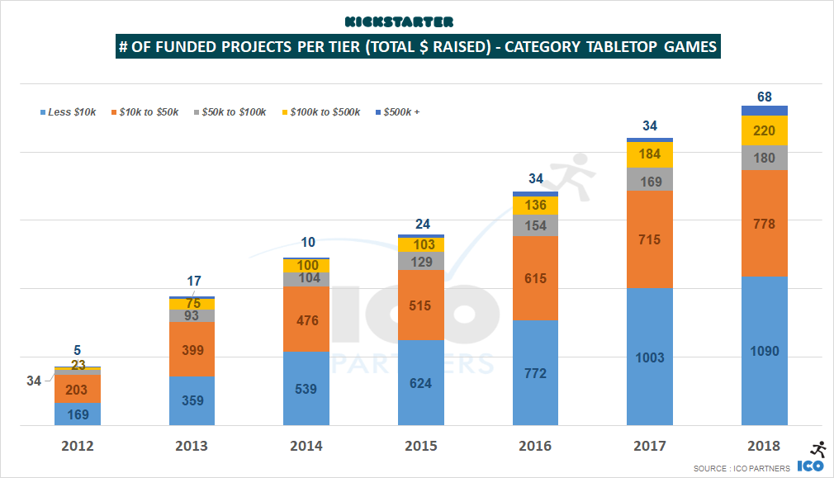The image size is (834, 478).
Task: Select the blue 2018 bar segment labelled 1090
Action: pyautogui.click(x=765, y=351)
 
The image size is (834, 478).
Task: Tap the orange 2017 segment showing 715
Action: pyautogui.click(x=650, y=239)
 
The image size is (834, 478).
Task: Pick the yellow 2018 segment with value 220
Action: pyautogui.click(x=765, y=130)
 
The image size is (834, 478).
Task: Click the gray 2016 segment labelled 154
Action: pyautogui.click(x=535, y=225)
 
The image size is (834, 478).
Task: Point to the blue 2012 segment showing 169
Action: pyautogui.click(x=77, y=414)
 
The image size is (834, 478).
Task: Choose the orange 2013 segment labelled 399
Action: pyautogui.click(x=192, y=348)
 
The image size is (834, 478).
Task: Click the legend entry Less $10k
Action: pyautogui.click(x=71, y=112)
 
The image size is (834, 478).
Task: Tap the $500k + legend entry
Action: pyautogui.click(x=400, y=112)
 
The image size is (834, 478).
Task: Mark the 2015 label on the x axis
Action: pyautogui.click(x=421, y=447)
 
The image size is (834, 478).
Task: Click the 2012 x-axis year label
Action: pyautogui.click(x=77, y=447)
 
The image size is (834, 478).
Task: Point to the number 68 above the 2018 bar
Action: pyautogui.click(x=765, y=97)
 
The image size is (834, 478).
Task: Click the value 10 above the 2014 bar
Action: pyautogui.click(x=306, y=242)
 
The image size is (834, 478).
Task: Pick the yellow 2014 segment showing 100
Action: pyautogui.click(x=306, y=265)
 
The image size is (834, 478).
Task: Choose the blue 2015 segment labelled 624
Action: pyautogui.click(x=421, y=382)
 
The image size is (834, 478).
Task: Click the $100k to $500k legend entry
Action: pyautogui.click(x=323, y=112)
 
